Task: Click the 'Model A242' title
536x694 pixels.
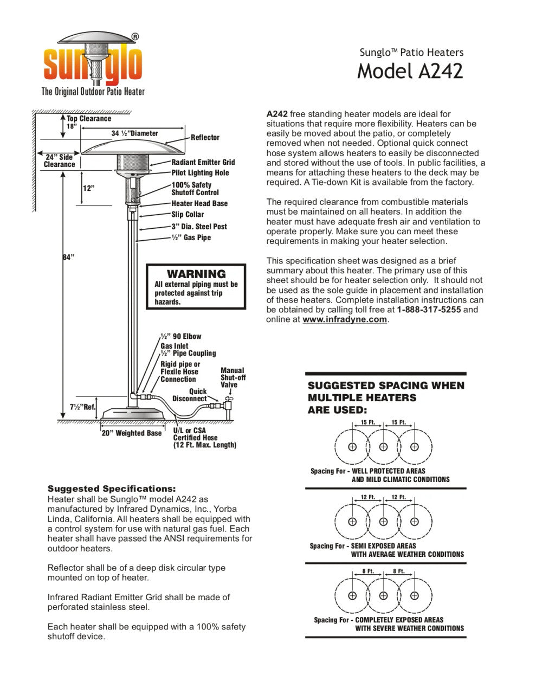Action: tap(410, 71)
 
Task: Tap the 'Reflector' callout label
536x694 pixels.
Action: tap(205, 138)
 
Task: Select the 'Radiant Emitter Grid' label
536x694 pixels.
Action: tap(203, 162)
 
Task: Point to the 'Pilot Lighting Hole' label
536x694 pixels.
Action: tap(200, 173)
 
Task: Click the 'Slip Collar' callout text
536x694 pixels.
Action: tap(188, 215)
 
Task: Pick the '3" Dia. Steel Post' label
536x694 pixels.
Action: tap(199, 227)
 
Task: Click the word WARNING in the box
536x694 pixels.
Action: tap(196, 274)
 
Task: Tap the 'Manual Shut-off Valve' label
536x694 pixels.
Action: tap(233, 377)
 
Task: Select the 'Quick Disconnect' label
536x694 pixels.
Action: tap(190, 395)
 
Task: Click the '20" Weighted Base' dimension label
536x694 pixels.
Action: tap(132, 433)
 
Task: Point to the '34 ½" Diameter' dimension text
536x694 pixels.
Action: tap(135, 133)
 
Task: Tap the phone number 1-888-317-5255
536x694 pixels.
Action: tap(429, 310)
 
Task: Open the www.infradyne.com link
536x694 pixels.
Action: tap(345, 319)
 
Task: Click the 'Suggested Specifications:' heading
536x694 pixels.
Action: tap(112, 489)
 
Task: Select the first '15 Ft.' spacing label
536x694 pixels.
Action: tap(367, 422)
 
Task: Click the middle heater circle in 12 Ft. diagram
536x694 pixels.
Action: tap(383, 522)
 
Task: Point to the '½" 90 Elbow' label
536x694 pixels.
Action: tap(180, 336)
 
